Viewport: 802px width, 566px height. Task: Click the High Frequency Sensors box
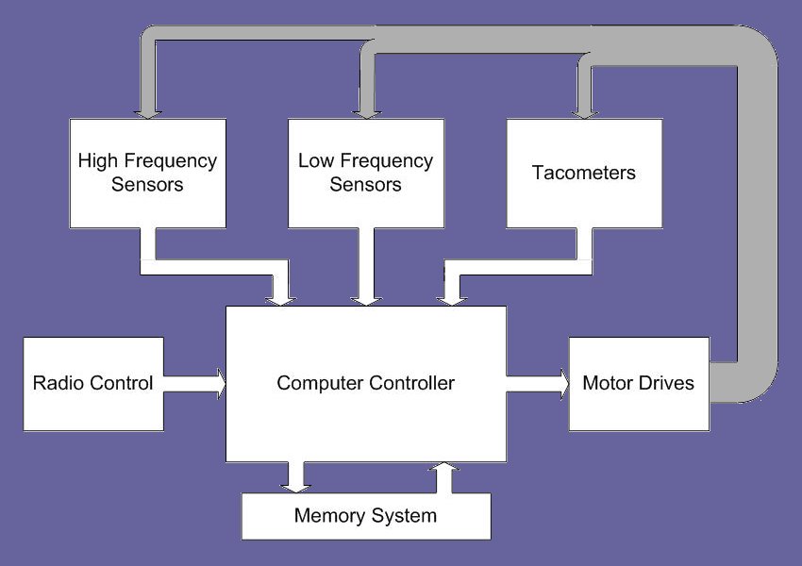point(147,173)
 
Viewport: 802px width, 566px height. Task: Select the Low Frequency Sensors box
point(365,173)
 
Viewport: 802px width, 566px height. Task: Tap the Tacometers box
point(583,173)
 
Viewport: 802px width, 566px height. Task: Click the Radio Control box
point(92,383)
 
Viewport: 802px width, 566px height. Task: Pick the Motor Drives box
point(639,383)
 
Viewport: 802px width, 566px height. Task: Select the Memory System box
point(366,516)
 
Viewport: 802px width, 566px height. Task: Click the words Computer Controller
point(365,383)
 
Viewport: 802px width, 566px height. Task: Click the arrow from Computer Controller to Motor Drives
point(539,383)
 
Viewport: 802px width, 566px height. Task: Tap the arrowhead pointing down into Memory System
point(297,484)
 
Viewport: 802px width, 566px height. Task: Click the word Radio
point(58,383)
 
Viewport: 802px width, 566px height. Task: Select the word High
point(97,161)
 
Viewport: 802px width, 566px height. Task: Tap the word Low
point(315,161)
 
